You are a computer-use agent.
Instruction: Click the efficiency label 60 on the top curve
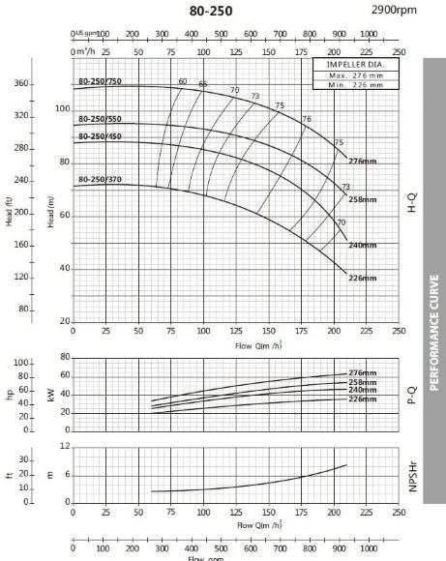pyautogui.click(x=183, y=81)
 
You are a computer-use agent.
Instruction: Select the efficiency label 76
pyautogui.click(x=307, y=119)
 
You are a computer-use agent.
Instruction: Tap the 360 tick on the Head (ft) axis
pyautogui.click(x=23, y=84)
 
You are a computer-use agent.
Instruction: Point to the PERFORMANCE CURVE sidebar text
pyautogui.click(x=433, y=318)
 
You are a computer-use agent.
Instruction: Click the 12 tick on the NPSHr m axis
pyautogui.click(x=65, y=446)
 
